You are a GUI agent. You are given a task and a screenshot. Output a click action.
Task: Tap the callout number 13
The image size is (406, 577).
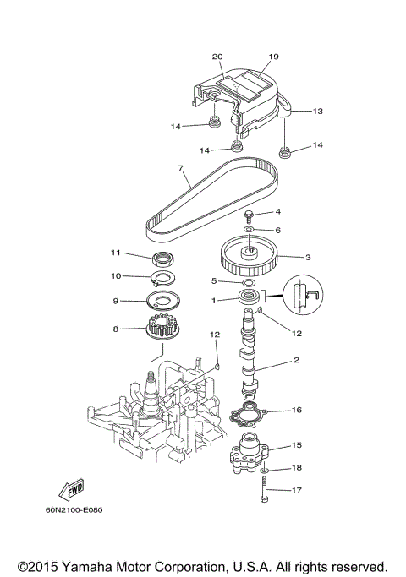pos(318,112)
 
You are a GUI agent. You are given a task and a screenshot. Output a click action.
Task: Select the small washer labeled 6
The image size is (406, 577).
pos(250,229)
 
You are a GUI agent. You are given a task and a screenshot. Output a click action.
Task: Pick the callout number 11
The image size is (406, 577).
pos(117,253)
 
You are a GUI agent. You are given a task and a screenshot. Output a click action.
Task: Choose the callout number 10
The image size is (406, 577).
pos(117,275)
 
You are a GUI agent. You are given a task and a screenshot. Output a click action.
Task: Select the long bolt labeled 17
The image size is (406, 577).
pos(266,490)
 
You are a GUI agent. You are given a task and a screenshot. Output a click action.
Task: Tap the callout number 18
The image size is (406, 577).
pos(296,467)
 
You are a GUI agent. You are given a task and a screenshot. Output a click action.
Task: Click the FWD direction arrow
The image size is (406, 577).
pos(67,491)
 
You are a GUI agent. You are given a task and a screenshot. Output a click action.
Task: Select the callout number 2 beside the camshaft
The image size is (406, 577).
pos(296,360)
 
